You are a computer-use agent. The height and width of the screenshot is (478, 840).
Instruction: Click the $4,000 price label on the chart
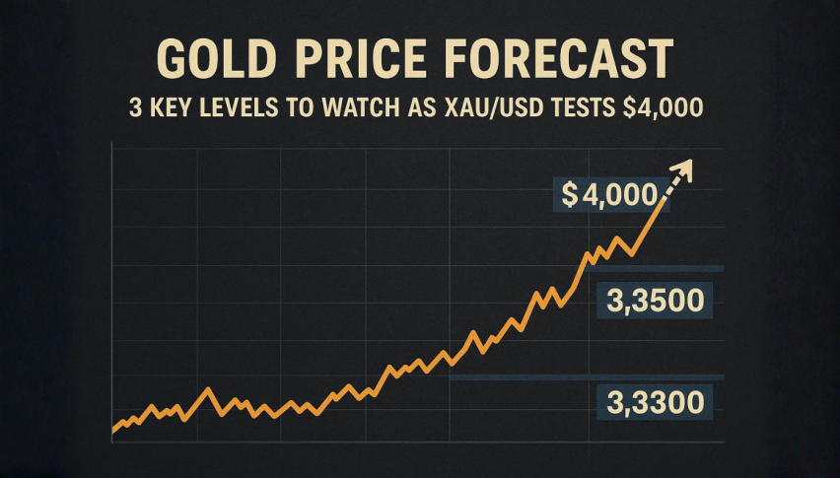(x=608, y=196)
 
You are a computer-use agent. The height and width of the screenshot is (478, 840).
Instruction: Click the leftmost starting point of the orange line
(x=114, y=430)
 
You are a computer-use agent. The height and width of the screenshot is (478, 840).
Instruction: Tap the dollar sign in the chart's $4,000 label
(x=569, y=196)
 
